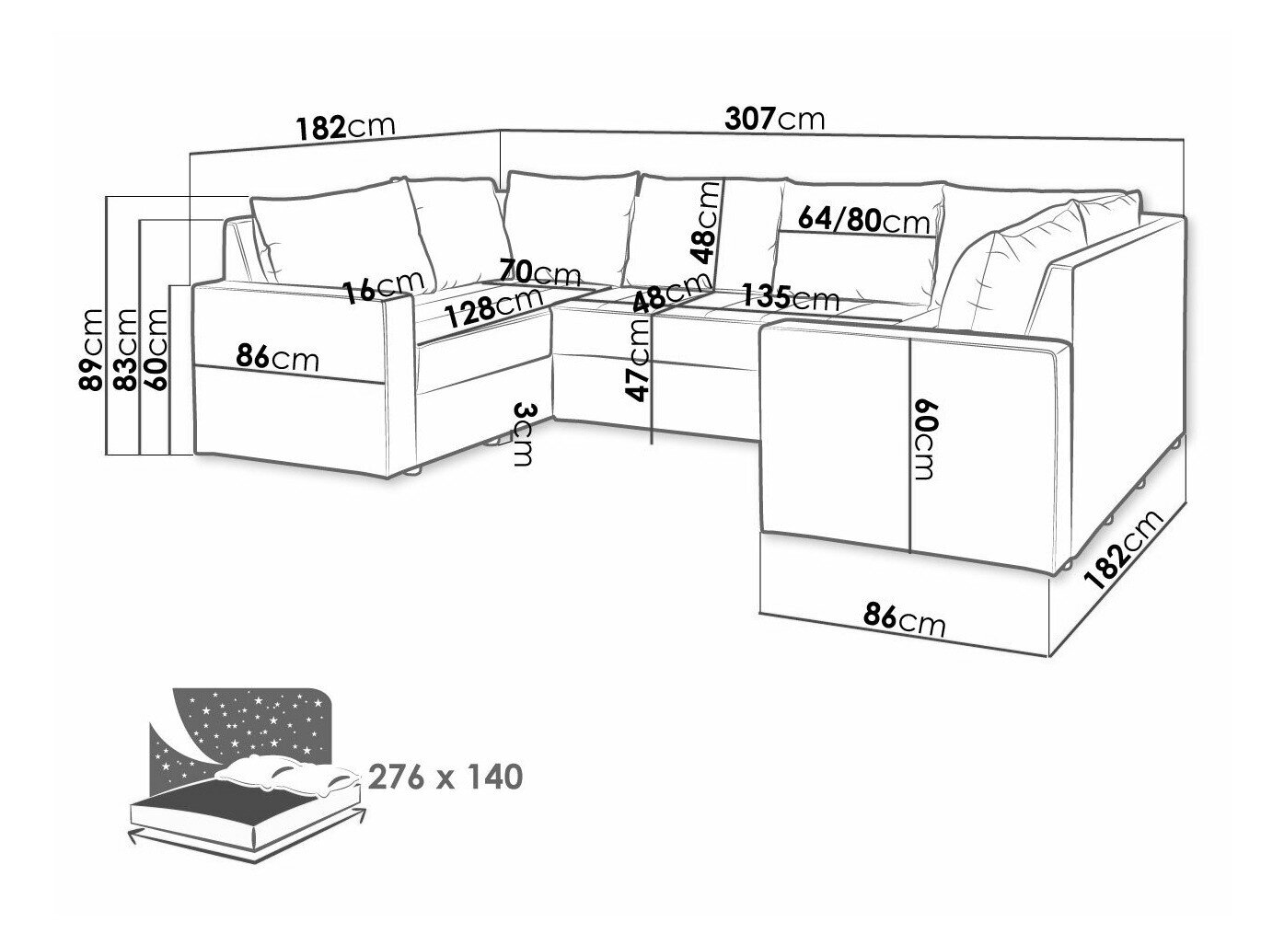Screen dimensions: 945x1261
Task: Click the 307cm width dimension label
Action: coord(775,119)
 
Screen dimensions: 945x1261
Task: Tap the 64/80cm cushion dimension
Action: coord(864,221)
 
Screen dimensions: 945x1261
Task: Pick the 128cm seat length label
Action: coord(493,308)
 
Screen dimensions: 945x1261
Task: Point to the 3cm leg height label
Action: coord(522,434)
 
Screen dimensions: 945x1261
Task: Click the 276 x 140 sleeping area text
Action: coord(445,778)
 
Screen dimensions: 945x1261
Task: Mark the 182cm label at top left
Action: coord(345,126)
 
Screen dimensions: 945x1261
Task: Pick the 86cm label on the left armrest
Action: coord(277,356)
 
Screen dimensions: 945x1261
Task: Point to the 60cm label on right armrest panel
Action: coord(926,439)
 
